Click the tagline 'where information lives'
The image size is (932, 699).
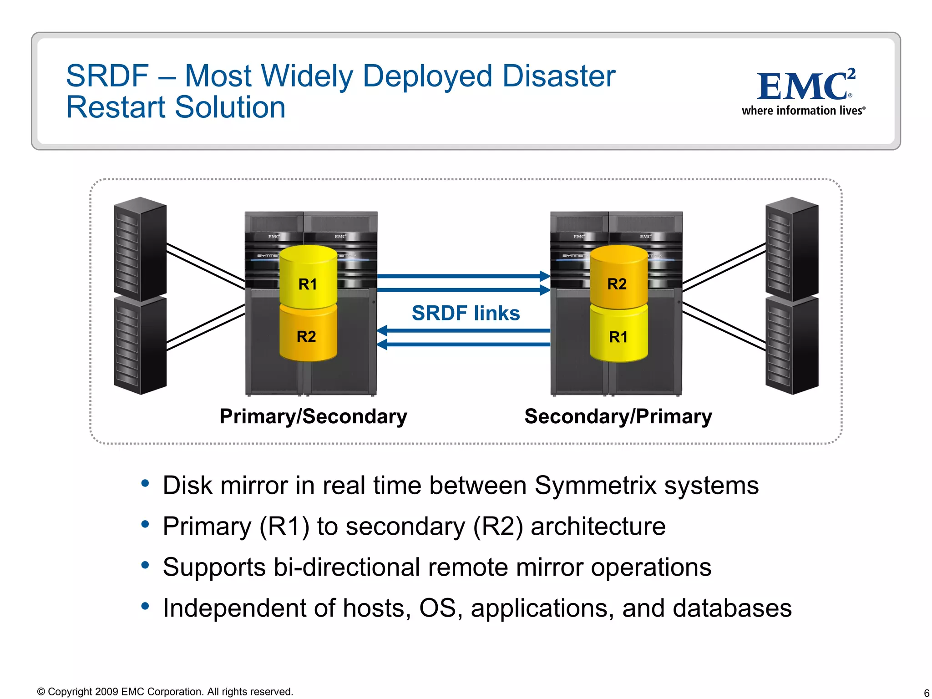(x=803, y=111)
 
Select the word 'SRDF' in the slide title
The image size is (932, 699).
(x=107, y=76)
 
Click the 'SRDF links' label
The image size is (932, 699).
(x=466, y=313)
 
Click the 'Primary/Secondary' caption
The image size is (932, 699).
(x=313, y=416)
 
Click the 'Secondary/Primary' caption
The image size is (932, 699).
(x=618, y=416)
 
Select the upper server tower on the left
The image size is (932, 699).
(x=140, y=248)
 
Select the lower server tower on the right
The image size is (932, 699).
(x=792, y=346)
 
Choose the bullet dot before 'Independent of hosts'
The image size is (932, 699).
(x=145, y=606)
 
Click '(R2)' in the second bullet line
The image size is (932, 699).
(x=498, y=527)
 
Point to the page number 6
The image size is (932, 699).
(x=926, y=693)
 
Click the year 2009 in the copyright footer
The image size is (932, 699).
(x=106, y=692)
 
